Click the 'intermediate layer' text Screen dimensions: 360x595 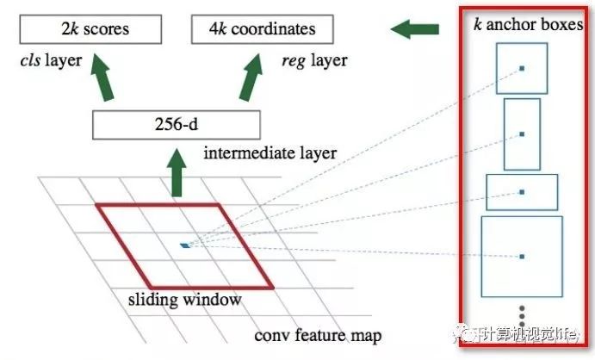point(270,154)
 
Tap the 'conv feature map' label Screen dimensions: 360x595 point(318,335)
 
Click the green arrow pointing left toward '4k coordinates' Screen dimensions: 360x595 point(412,30)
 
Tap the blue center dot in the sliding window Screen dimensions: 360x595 point(184,245)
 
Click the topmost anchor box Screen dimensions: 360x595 point(521,67)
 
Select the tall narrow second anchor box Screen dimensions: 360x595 point(522,134)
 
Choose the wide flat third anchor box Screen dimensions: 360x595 point(522,192)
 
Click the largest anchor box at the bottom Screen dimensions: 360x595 point(521,257)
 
